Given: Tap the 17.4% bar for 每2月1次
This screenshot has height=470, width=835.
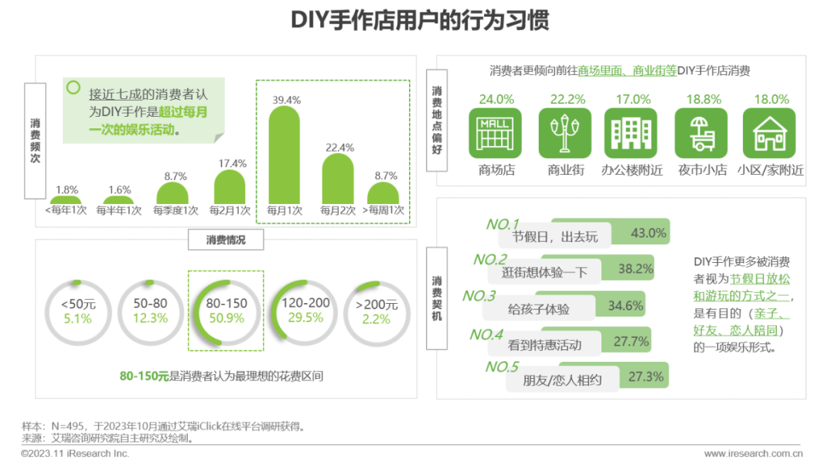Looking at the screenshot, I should pyautogui.click(x=230, y=188).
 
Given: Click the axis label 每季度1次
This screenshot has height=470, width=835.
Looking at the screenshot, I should pyautogui.click(x=176, y=210).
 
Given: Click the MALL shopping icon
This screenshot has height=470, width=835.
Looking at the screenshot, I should pyautogui.click(x=495, y=134).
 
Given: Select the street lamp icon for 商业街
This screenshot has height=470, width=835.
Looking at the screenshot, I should pyautogui.click(x=564, y=134).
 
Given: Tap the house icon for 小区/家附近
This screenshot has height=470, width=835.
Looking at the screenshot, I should pyautogui.click(x=769, y=134).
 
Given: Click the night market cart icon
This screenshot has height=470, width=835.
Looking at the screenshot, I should pyautogui.click(x=700, y=134).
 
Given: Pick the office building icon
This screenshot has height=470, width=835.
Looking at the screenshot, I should pyautogui.click(x=632, y=134).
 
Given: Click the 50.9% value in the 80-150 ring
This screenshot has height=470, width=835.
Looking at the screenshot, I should pyautogui.click(x=225, y=318).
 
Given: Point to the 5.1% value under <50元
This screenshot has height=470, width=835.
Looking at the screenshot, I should pyautogui.click(x=77, y=318).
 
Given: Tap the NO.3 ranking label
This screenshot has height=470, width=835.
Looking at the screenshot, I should pyautogui.click(x=479, y=296).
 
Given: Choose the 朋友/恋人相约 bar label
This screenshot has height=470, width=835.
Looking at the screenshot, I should pyautogui.click(x=562, y=380).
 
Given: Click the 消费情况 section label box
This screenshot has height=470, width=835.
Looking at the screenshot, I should pyautogui.click(x=226, y=240).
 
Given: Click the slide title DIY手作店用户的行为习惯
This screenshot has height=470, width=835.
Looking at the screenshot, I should pyautogui.click(x=420, y=20).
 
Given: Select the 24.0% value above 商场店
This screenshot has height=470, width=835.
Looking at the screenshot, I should pyautogui.click(x=496, y=100).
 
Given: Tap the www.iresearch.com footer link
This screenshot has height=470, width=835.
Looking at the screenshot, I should pyautogui.click(x=747, y=454).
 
